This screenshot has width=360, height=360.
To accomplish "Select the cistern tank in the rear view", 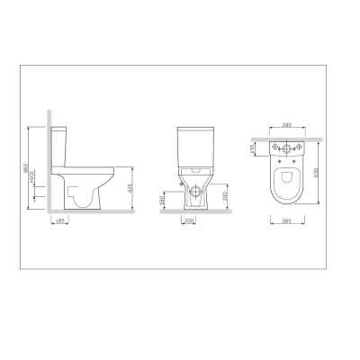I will (x=196, y=148).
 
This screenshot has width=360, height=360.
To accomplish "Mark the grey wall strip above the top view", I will (x=286, y=137).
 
